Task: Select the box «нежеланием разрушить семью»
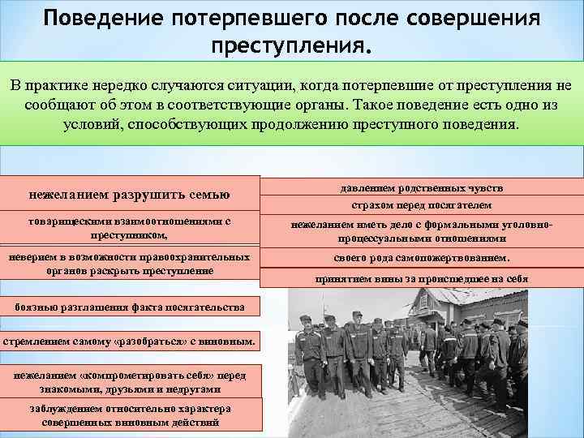point(130,195)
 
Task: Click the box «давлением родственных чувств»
point(421,187)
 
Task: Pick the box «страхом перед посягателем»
point(421,206)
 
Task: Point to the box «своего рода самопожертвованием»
point(421,259)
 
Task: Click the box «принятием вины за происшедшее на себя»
point(421,278)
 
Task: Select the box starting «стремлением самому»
point(130,342)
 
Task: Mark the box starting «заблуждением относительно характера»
point(130,415)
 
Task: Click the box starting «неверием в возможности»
point(130,264)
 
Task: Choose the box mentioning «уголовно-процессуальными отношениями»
point(421,232)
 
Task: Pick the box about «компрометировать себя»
point(130,380)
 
